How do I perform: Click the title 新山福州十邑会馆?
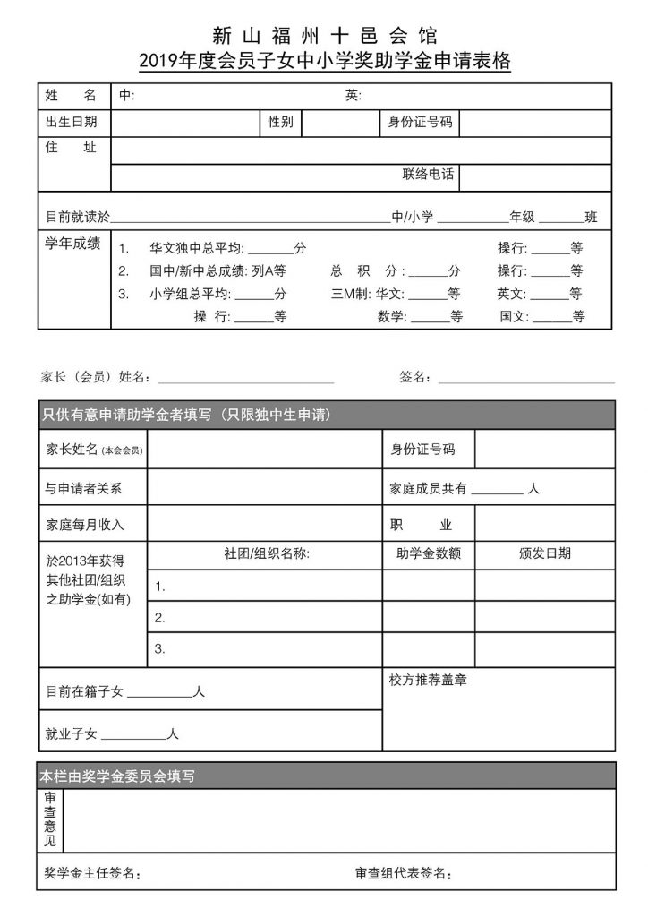325,36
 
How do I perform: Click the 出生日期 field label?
72,123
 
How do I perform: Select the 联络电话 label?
428,175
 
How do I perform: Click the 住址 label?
72,148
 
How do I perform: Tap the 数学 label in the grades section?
391,316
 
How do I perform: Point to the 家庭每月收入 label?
84,524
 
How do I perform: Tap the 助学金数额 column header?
428,554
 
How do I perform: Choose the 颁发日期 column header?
544,554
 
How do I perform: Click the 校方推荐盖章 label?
427,680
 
